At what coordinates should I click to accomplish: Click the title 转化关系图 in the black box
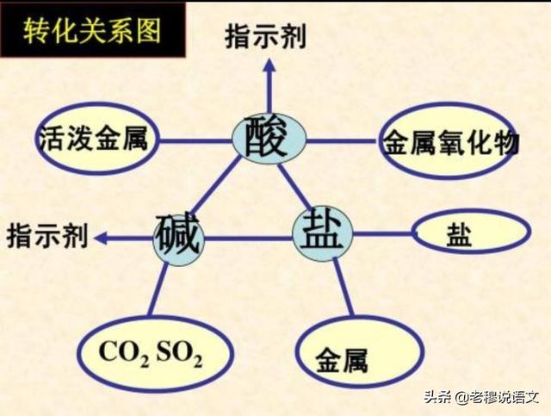pyautogui.click(x=92, y=31)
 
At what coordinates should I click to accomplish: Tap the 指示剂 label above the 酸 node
pyautogui.click(x=266, y=36)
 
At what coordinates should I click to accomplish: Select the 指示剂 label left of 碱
pyautogui.click(x=47, y=235)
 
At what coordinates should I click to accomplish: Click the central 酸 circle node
pyautogui.click(x=269, y=140)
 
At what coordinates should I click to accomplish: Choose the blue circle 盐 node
pyautogui.click(x=323, y=233)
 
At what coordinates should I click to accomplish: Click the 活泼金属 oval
pyautogui.click(x=97, y=139)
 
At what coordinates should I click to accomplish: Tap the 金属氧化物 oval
pyautogui.click(x=449, y=141)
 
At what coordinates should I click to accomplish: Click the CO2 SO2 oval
pyautogui.click(x=155, y=353)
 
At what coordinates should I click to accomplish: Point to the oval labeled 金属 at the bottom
pyautogui.click(x=359, y=352)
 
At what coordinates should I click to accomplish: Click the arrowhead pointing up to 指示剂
pyautogui.click(x=269, y=65)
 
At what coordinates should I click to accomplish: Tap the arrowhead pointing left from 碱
pyautogui.click(x=101, y=238)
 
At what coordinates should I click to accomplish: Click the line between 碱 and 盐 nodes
pyautogui.click(x=248, y=239)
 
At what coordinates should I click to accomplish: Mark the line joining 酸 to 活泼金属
pyautogui.click(x=195, y=142)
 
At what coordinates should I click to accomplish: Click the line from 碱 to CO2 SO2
pyautogui.click(x=158, y=290)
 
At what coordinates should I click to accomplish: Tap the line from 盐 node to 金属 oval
pyautogui.click(x=344, y=288)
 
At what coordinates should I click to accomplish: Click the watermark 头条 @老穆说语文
pyautogui.click(x=482, y=397)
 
